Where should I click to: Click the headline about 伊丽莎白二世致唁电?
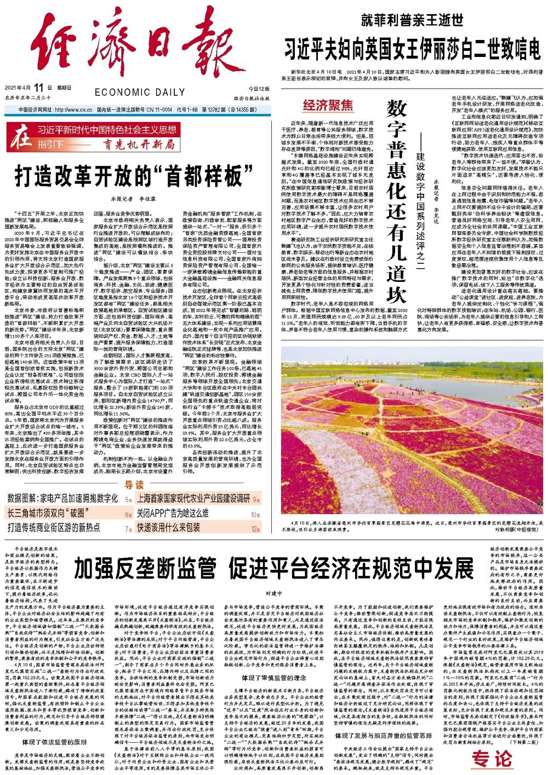(x=412, y=50)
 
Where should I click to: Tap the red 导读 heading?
(x=135, y=485)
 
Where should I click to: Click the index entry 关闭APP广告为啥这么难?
(x=173, y=513)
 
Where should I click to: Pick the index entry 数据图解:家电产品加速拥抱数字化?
(x=62, y=499)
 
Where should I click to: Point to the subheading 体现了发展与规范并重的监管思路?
(x=384, y=735)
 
